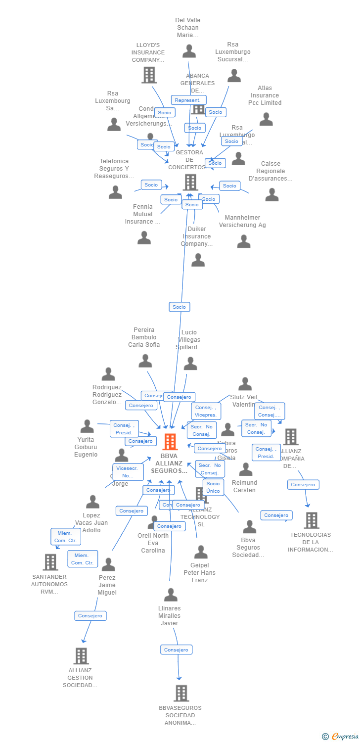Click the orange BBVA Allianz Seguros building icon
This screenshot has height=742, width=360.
170,442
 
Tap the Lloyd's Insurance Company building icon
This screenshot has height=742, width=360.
149,75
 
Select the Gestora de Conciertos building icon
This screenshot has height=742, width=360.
190,183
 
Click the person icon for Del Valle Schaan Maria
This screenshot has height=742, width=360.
189,51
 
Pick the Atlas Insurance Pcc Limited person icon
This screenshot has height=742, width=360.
266,119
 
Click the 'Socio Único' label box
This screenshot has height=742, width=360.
213,487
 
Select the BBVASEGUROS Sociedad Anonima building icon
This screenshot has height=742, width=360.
181,693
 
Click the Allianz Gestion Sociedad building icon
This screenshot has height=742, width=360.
81,656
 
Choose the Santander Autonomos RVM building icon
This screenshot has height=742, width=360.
50,562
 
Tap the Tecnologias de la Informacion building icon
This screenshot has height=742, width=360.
311,520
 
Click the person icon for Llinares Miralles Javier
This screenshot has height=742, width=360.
171,595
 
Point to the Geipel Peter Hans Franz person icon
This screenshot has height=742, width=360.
200,552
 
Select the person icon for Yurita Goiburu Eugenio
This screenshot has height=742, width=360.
87,426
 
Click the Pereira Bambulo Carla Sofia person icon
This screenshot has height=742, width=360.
145,361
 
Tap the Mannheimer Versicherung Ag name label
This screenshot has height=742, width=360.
242,221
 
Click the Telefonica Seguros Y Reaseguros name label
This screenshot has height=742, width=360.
114,169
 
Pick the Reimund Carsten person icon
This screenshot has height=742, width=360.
245,469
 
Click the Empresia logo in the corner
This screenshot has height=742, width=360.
341,737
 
